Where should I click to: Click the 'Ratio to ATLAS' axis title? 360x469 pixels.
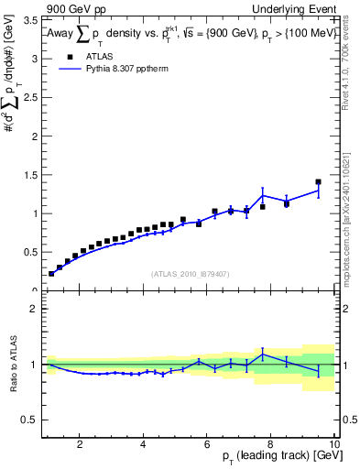(x=13, y=365)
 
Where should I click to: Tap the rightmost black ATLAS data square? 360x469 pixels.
(x=318, y=182)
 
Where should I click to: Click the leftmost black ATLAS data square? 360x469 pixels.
(x=51, y=273)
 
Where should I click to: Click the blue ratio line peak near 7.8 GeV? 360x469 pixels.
(x=263, y=354)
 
